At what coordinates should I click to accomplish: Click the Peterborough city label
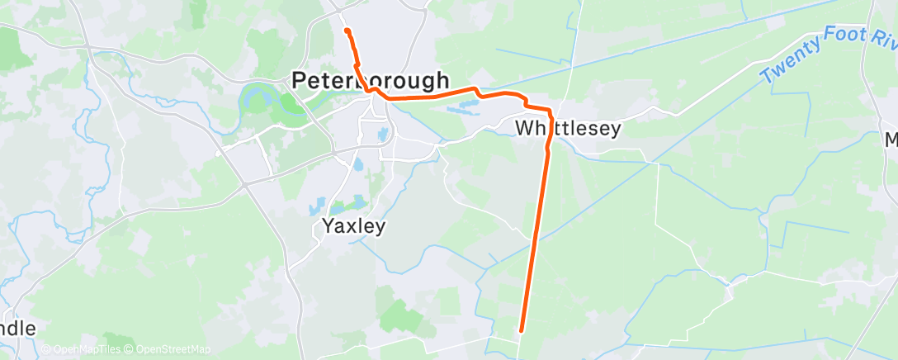point(371,81)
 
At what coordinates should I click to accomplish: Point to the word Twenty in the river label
point(790,63)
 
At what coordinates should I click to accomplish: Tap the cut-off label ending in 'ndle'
point(17,329)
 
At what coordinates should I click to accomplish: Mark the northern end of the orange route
point(347,30)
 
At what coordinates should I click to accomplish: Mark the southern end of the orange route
point(522,331)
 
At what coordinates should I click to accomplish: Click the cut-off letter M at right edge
point(891,140)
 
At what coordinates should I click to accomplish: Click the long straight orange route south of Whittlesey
point(535,239)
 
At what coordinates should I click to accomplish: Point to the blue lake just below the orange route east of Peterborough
point(463,106)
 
